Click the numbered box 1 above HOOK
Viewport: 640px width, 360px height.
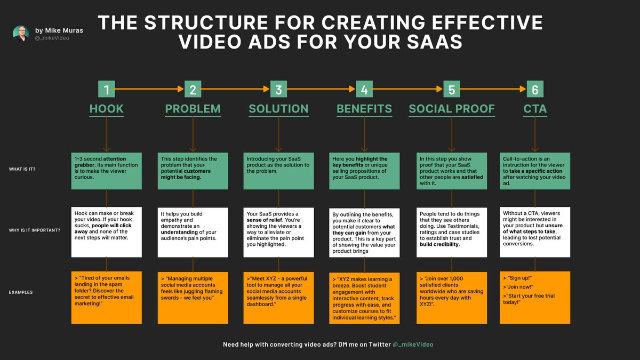[107, 89]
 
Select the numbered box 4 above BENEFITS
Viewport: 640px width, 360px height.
[364, 89]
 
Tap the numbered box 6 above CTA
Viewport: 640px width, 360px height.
[535, 89]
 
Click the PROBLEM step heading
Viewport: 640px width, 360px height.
[193, 109]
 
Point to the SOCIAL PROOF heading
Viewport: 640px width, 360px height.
[451, 109]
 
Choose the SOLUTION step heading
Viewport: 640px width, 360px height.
[278, 109]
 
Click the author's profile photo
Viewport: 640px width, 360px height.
[21, 33]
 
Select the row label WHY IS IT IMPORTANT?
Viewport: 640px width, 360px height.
[34, 231]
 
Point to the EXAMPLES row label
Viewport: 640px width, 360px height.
[21, 292]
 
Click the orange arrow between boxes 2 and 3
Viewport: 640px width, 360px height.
[235, 89]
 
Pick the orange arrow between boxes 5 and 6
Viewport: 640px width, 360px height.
[493, 89]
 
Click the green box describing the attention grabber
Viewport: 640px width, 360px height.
[107, 171]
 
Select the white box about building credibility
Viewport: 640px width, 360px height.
[451, 231]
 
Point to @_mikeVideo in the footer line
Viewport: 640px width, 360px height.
[413, 345]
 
